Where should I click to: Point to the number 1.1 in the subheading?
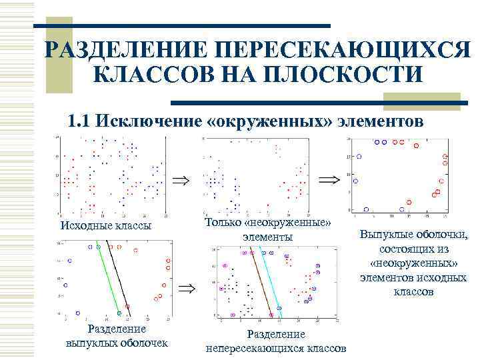point(80,121)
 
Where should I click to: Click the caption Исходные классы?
point(105,225)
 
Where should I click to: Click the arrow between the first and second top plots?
point(180,180)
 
